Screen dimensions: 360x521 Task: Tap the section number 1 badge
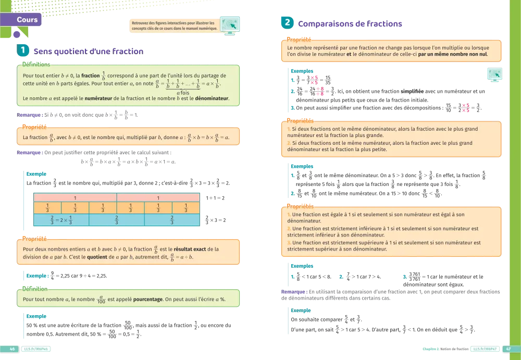(x=23, y=51)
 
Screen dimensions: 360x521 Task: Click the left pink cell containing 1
(x=75, y=198)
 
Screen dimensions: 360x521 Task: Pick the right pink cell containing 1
(x=158, y=198)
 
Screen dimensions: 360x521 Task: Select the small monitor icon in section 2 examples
(x=495, y=75)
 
